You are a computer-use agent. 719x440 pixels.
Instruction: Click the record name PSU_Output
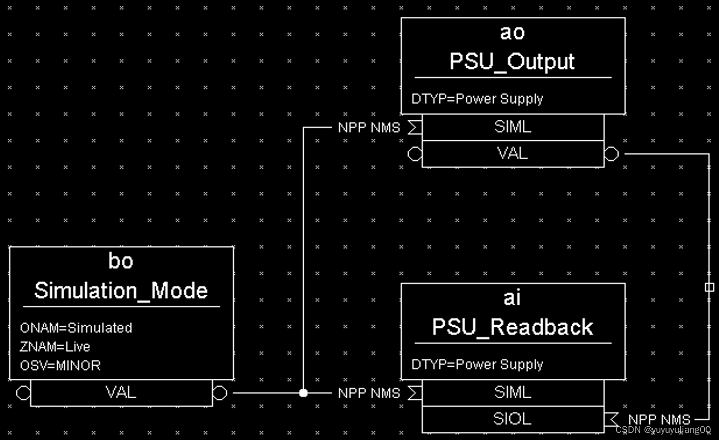(512, 61)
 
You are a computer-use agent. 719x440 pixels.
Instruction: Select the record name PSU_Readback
(513, 327)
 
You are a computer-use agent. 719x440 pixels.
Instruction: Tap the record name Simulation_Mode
(121, 291)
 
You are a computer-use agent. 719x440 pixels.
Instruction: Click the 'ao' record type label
(512, 33)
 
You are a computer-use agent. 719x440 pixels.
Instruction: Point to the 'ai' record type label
(512, 298)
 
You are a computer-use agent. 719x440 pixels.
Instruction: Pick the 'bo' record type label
(121, 261)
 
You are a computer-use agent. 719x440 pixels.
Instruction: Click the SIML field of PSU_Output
(513, 127)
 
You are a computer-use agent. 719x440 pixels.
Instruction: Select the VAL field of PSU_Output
(513, 153)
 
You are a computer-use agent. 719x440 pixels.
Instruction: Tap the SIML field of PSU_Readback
(513, 393)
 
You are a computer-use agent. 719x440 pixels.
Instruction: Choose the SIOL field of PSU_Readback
(513, 419)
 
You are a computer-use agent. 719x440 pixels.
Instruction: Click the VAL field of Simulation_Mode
(121, 393)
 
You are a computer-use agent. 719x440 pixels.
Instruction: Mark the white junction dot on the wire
(303, 393)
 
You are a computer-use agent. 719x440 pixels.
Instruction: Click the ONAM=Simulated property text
(76, 328)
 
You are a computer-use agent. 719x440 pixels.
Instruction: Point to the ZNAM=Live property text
(55, 347)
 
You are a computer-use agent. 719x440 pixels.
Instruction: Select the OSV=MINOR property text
(60, 366)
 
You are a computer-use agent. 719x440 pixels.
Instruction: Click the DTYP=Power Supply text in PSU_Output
(477, 99)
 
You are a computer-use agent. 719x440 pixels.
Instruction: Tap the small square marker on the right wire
(709, 287)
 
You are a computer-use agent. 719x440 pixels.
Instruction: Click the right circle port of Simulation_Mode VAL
(220, 393)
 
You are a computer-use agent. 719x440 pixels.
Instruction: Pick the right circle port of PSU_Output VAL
(611, 154)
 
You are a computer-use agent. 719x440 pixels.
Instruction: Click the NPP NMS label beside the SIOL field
(659, 420)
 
